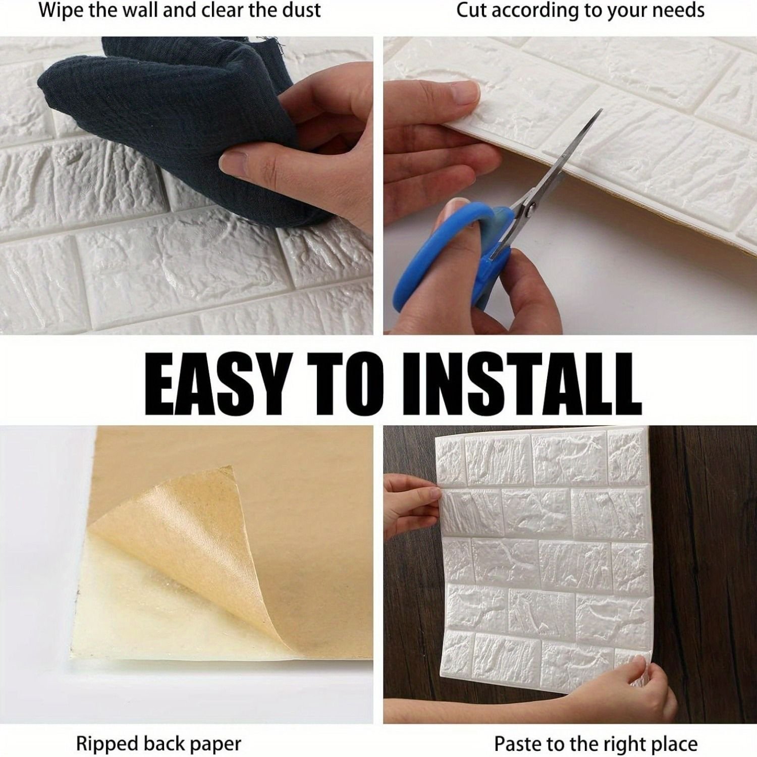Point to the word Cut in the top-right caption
[x=472, y=10]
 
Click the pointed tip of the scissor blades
[x=602, y=110]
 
